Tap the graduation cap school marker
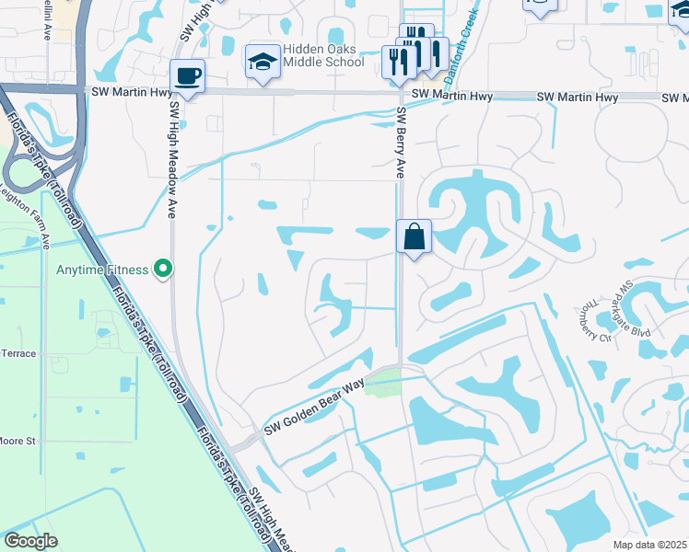point(263,62)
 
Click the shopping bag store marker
point(415,236)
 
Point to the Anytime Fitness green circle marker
point(164,270)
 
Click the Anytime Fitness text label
point(102,270)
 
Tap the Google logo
point(30,541)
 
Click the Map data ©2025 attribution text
point(649,545)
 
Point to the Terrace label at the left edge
point(18,353)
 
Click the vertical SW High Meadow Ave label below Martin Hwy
point(172,158)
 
